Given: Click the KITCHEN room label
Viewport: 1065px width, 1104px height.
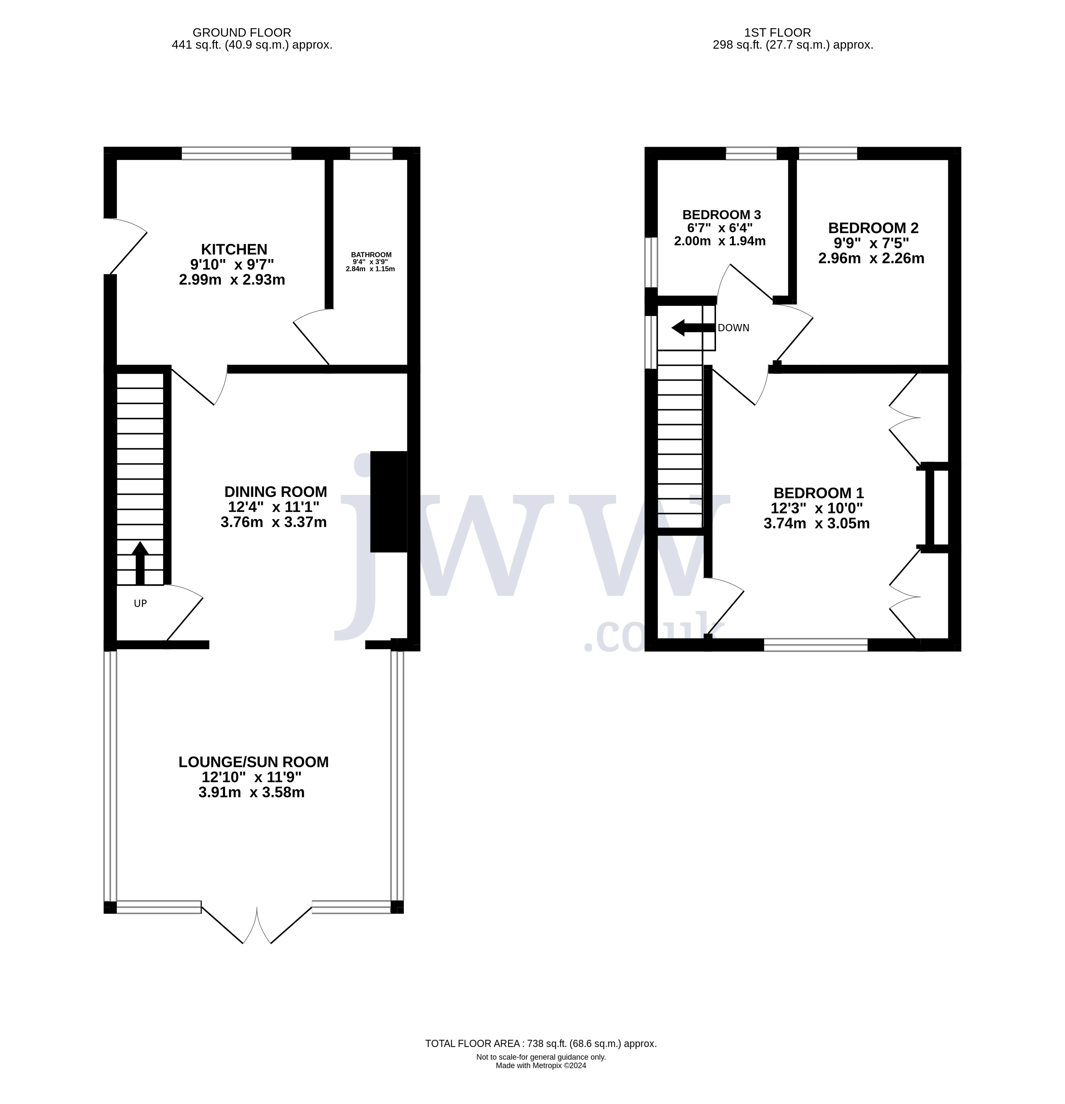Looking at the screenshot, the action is point(234,249).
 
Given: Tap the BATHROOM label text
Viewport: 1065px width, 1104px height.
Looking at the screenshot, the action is point(371,255).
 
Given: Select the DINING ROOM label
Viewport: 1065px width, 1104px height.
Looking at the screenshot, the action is point(275,492).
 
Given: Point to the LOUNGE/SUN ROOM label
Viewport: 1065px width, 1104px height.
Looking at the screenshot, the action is point(253,762).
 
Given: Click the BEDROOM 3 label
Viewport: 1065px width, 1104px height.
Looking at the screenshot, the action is point(722,215).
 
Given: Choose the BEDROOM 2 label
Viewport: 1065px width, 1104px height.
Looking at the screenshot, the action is point(873,228).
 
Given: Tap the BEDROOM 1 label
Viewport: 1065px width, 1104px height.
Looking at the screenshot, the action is point(818,493).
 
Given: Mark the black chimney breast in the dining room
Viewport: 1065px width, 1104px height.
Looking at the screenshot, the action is point(389,501).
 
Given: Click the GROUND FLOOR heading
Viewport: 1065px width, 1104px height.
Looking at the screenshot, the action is point(242,33).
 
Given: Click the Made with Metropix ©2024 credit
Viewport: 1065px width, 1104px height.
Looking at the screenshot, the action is point(541,1066).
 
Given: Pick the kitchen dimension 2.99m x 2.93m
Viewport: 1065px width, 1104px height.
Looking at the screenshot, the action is point(232,279).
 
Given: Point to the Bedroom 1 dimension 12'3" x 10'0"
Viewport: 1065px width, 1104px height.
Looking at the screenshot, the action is point(817,509).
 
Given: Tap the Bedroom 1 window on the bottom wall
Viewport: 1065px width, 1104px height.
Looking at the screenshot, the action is point(816,645).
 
